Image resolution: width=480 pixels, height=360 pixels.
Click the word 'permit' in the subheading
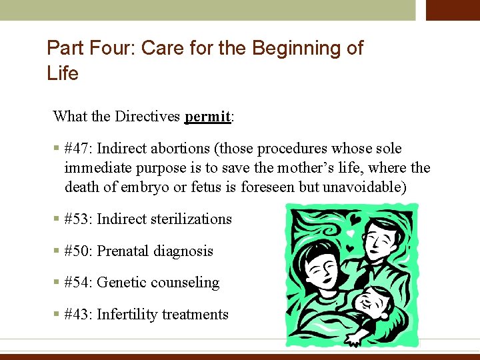(x=207, y=117)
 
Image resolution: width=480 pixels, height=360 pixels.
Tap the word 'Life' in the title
(x=63, y=73)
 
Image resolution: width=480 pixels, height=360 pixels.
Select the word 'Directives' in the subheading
(x=148, y=117)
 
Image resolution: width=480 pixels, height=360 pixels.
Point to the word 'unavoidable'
(x=363, y=187)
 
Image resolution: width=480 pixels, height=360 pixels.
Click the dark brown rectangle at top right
(x=453, y=10)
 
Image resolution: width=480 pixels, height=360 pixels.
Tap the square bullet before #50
(x=57, y=251)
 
